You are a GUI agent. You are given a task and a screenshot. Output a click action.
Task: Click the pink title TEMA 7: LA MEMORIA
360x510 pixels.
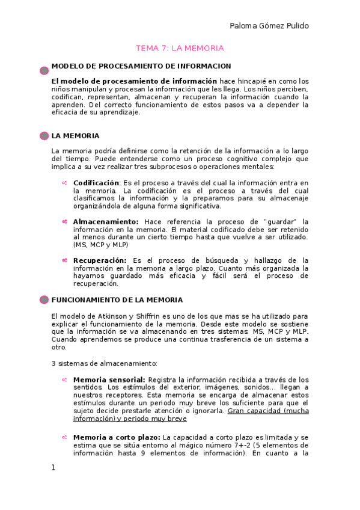point(180,48)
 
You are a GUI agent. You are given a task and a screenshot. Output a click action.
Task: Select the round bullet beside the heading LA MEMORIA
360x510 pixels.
point(44,136)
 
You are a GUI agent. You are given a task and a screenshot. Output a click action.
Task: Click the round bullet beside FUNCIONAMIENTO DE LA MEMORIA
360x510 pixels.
point(44,300)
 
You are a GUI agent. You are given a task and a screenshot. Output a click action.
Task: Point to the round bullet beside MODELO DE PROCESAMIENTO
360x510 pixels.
point(44,70)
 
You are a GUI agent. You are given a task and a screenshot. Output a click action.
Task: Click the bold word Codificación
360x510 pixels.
point(96,182)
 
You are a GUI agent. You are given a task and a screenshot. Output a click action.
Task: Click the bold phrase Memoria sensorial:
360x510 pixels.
point(109,379)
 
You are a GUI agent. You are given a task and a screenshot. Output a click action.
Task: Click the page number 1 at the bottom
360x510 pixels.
point(53,467)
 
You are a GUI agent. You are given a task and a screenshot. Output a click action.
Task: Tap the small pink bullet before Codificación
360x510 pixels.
point(64,183)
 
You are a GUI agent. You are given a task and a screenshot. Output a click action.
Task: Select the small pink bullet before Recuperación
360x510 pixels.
point(64,260)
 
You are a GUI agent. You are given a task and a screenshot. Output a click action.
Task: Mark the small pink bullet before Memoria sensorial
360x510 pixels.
point(64,380)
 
